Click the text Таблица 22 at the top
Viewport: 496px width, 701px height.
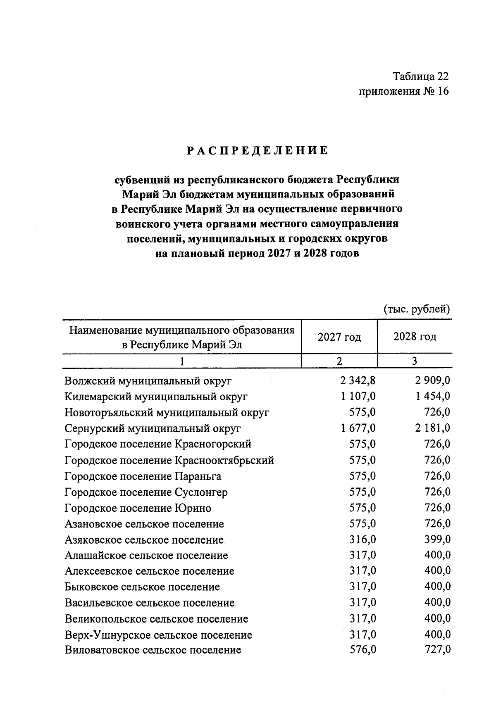[x=420, y=76]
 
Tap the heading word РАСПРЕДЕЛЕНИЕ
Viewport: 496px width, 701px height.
[x=258, y=151]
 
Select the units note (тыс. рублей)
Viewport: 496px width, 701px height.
[x=416, y=309]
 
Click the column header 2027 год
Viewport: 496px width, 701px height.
[x=339, y=337]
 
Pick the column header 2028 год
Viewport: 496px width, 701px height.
[x=415, y=337]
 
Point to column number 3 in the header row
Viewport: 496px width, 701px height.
[x=415, y=361]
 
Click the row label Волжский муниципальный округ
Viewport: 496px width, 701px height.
[x=148, y=381]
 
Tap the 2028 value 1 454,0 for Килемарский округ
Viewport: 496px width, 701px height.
[x=433, y=397]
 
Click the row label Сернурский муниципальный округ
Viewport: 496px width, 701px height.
[x=153, y=429]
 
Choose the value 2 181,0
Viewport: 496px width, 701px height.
[x=433, y=428]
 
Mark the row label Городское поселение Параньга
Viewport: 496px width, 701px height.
[x=143, y=476]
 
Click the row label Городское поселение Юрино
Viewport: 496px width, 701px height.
[x=138, y=508]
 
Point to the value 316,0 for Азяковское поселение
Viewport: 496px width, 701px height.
[x=362, y=540]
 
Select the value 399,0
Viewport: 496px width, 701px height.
[x=437, y=540]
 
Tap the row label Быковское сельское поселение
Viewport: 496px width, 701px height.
[x=142, y=587]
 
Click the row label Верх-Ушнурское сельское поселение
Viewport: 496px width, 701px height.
[x=158, y=635]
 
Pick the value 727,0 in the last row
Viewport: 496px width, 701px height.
[x=437, y=650]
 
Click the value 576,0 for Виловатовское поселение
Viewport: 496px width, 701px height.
[x=362, y=650]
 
